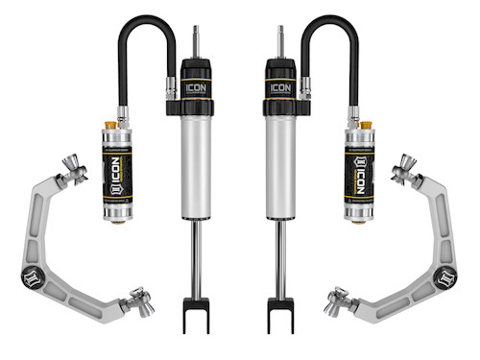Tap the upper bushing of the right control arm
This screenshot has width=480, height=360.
[404, 173]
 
